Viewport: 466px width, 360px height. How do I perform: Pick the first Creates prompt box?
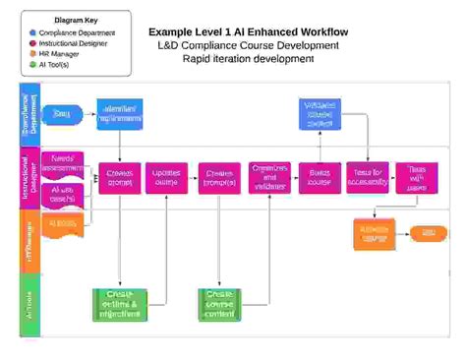point(120,177)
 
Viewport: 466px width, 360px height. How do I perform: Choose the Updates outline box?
point(166,177)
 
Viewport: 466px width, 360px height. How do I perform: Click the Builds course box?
point(319,177)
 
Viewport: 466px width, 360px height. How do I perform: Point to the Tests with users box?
point(417,177)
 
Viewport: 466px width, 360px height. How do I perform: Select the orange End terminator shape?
point(427,232)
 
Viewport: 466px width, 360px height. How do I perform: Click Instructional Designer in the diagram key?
point(73,44)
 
